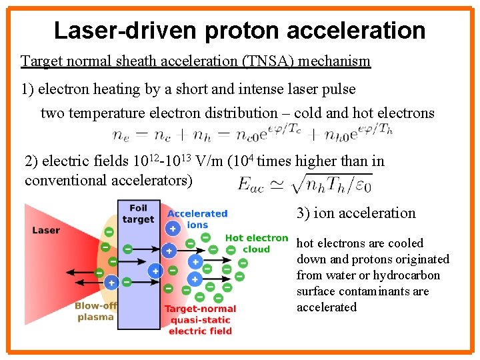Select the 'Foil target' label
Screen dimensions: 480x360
click(x=139, y=213)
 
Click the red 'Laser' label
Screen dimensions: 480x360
click(x=46, y=230)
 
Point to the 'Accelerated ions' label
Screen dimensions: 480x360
click(x=197, y=219)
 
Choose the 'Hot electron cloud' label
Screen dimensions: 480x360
click(x=257, y=243)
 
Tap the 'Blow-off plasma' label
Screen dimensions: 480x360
click(x=96, y=311)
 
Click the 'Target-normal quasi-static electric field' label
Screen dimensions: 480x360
click(x=200, y=319)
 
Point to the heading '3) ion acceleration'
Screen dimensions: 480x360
click(x=356, y=213)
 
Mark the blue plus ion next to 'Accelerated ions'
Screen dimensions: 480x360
click(x=173, y=228)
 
